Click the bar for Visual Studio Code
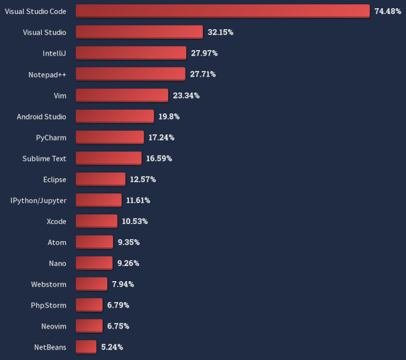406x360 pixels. pos(222,11)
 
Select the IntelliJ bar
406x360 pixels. pos(130,53)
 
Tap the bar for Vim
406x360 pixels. pos(122,95)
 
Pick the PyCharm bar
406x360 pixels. pos(110,137)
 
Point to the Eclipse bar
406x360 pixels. pos(100,179)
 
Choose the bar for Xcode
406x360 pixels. pos(96,221)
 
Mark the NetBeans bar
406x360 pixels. pos(86,347)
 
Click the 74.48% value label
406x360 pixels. pos(388,11)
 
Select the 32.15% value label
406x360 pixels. pos(220,32)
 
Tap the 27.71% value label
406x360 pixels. pos(203,74)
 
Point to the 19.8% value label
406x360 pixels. pos(169,116)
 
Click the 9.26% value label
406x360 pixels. pos(128,263)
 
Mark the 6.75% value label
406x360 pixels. pos(118,326)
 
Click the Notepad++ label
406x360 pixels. pos(47,74)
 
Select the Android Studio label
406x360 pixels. pos(41,116)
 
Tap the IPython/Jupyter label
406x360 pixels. pos(38,200)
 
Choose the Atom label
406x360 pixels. pos(57,242)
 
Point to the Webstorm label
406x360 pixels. pos(49,284)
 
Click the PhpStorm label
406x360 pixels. pos(49,305)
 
